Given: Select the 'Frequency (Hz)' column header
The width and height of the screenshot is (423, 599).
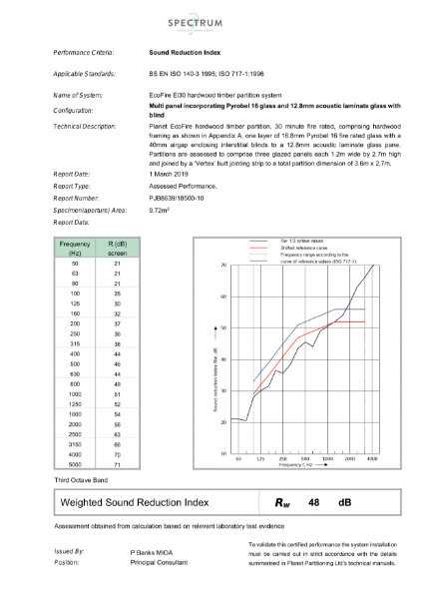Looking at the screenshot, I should point(75,247).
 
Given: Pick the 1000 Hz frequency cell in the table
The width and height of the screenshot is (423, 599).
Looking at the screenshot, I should point(75,394).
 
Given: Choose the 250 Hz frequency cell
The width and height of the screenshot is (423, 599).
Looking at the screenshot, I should point(75,333).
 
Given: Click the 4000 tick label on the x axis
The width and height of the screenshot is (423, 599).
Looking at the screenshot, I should point(372,460).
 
